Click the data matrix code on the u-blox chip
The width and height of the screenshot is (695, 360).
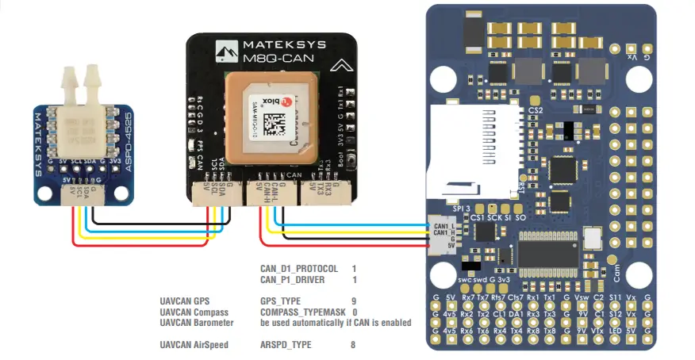point(278,126)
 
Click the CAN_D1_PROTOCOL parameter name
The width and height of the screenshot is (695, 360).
point(299,269)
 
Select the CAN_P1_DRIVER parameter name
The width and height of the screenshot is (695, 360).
point(294,280)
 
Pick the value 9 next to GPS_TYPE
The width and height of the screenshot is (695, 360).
point(354,301)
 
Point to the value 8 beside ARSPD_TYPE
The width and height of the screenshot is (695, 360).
point(353,346)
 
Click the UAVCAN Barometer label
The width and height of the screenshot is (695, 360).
point(197,324)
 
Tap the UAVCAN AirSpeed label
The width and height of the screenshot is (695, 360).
point(194,346)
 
